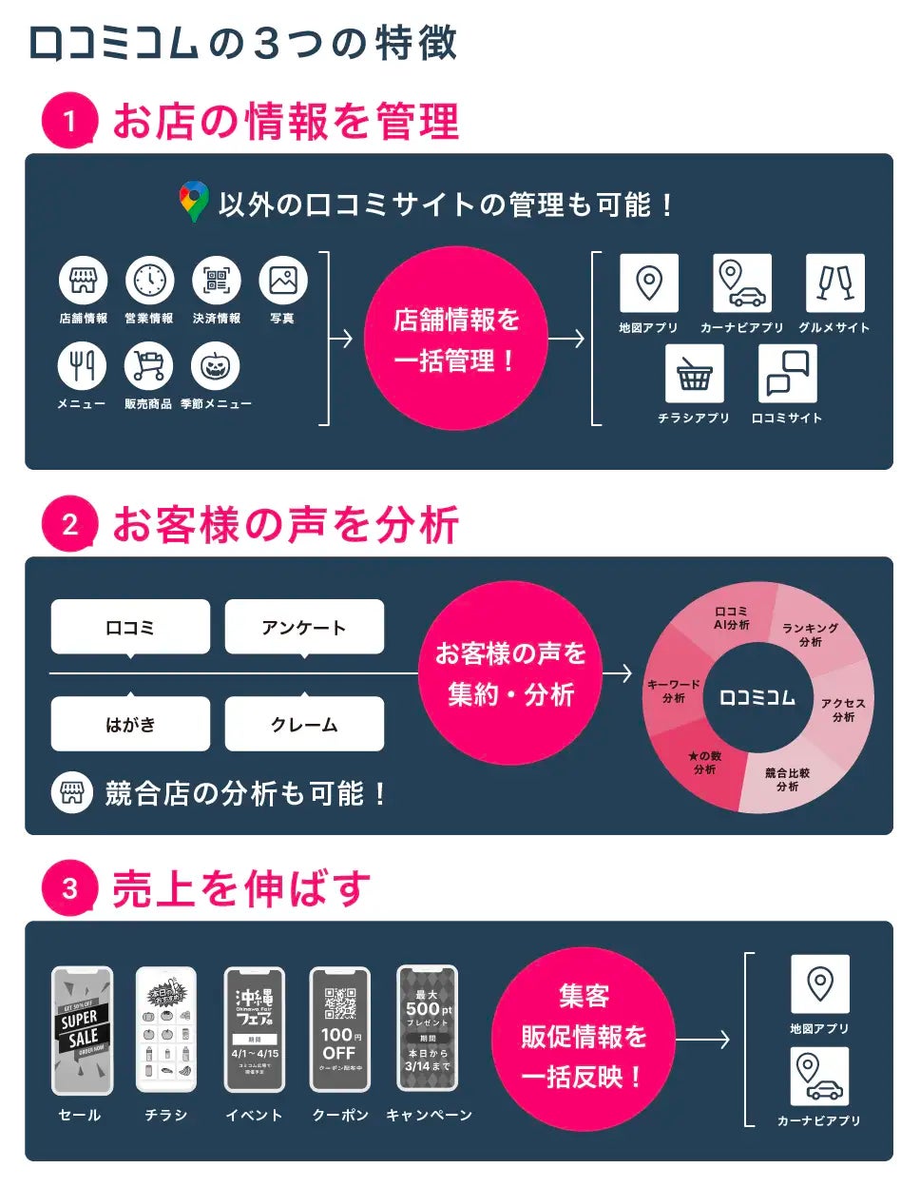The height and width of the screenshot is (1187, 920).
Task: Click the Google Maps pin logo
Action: (x=194, y=202)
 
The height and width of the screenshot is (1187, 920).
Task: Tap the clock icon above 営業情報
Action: (x=149, y=281)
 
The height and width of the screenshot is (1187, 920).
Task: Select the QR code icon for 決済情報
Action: (x=217, y=281)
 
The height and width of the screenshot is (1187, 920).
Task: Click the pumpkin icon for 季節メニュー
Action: (x=215, y=366)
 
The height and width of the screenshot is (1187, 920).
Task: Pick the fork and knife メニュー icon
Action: (x=83, y=366)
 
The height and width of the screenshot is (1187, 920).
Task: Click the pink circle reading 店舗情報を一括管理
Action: (x=456, y=339)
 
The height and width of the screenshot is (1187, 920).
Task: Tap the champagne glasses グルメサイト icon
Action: (x=834, y=282)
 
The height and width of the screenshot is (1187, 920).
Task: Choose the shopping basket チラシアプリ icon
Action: (x=694, y=374)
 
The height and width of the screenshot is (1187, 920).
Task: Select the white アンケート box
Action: (x=304, y=627)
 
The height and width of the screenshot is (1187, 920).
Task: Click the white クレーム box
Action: (x=304, y=724)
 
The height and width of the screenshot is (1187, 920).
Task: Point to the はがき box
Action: (x=130, y=724)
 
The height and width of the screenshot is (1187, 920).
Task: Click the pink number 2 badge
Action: (x=69, y=524)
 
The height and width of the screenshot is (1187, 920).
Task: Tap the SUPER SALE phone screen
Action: (x=82, y=1030)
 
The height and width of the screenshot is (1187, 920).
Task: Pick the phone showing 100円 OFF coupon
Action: (x=339, y=1030)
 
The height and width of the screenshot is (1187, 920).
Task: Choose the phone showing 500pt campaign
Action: (x=427, y=1030)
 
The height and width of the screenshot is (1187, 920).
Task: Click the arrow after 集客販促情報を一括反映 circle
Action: (x=702, y=1039)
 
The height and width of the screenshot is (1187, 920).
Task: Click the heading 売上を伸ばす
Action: (x=240, y=889)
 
